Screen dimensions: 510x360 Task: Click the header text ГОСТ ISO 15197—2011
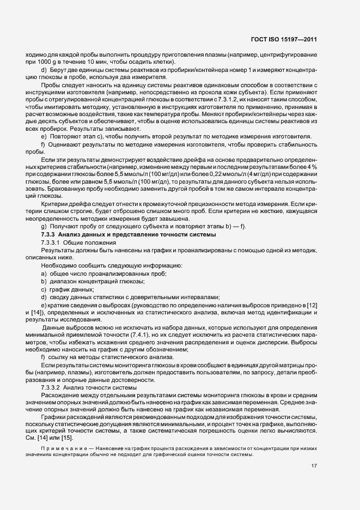[288, 39]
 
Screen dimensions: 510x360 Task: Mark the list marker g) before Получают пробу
[44, 227]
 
